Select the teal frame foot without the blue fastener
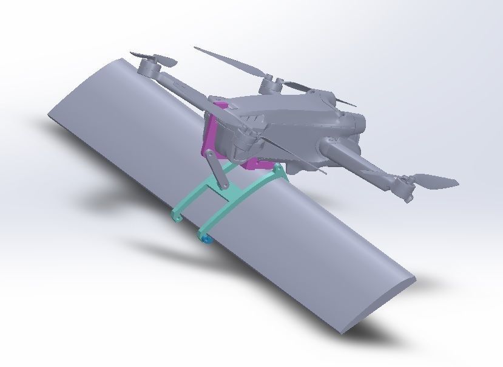(177, 217)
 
